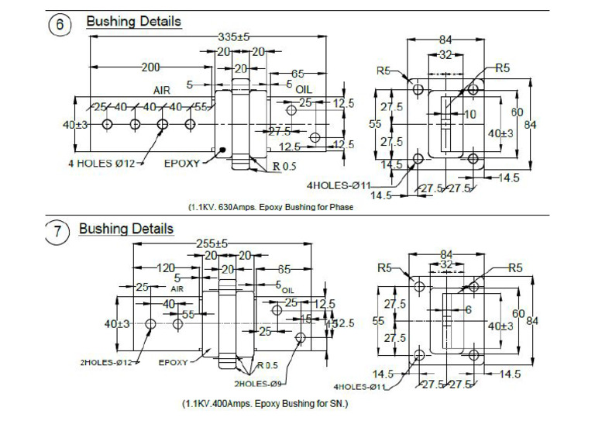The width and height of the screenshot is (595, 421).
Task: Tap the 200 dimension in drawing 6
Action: (x=150, y=67)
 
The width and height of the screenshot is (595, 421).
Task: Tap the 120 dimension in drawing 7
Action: (x=166, y=267)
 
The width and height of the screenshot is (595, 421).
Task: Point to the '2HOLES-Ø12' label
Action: (x=109, y=362)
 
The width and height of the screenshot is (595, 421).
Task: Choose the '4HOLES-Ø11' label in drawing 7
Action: (x=359, y=385)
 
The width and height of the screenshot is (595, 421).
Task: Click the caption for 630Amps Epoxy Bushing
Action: (x=270, y=207)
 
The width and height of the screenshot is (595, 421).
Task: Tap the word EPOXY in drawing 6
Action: (x=182, y=164)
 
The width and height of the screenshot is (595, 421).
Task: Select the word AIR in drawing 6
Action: (x=162, y=91)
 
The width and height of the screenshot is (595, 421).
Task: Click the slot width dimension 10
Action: (x=469, y=114)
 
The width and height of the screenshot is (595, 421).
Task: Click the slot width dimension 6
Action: (x=467, y=309)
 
